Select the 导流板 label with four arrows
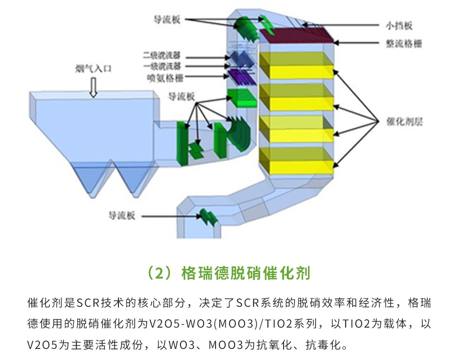(181, 97)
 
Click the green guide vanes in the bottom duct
(209, 217)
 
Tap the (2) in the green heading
(159, 272)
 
